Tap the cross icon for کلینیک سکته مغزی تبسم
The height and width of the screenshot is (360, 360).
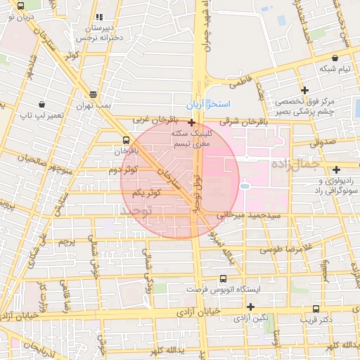click(191, 122)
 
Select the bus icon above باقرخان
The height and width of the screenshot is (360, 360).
click(126, 140)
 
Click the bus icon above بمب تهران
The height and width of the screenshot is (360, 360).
click(94, 94)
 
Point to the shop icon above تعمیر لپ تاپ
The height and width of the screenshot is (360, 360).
click(44, 103)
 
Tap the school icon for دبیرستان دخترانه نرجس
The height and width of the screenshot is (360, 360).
click(99, 16)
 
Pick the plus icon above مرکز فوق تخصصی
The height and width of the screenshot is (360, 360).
click(304, 89)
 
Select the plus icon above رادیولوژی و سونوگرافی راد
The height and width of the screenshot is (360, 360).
click(337, 169)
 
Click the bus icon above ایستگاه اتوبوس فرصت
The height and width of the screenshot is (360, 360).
click(223, 278)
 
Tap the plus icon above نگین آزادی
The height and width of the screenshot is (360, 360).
click(250, 307)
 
